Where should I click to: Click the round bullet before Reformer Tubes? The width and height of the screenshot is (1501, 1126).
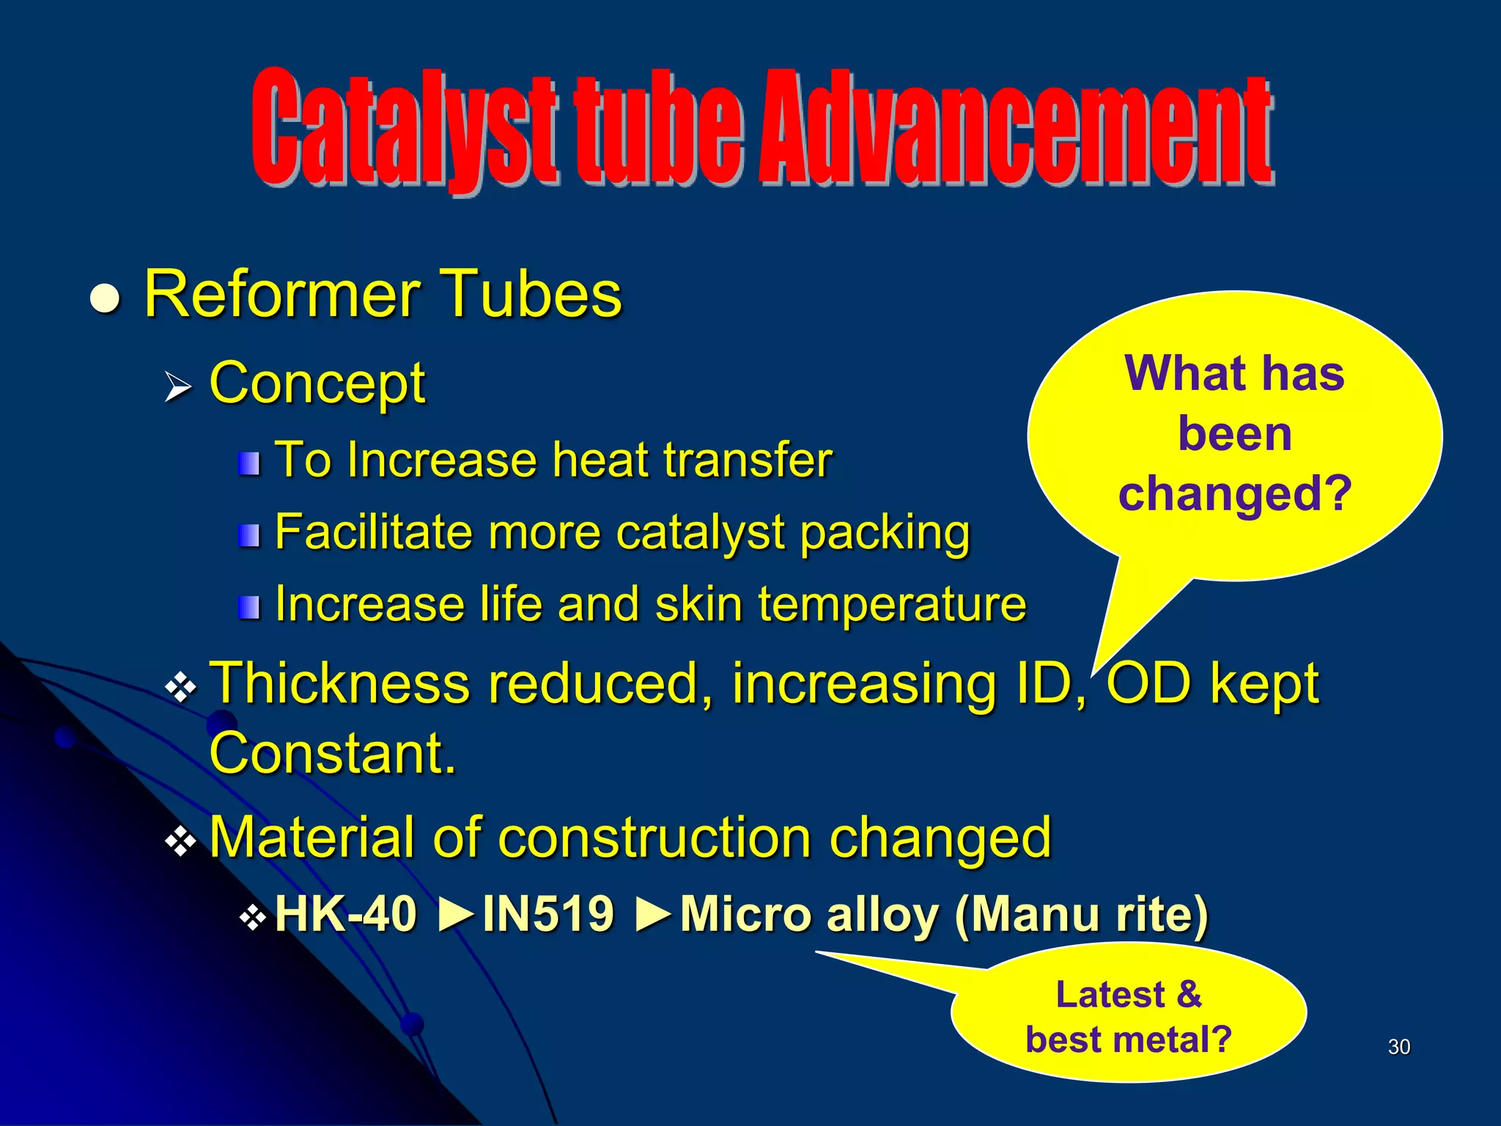pos(105,300)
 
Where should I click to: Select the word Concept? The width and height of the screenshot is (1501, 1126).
pos(317,384)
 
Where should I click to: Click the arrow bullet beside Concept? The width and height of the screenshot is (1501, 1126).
pos(177,387)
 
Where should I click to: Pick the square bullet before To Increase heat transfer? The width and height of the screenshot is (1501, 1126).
pos(249,463)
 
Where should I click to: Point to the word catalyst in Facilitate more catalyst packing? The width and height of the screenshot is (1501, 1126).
pos(700,533)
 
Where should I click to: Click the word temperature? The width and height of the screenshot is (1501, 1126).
pos(891,606)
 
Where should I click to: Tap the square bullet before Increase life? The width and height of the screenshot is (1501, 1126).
pos(249,607)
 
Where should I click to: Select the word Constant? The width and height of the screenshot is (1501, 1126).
pos(332,754)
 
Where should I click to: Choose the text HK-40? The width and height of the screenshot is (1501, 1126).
pos(345,914)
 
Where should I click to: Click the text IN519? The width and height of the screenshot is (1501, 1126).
pos(547,914)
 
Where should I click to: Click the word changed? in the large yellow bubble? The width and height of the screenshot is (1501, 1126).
pos(1235,493)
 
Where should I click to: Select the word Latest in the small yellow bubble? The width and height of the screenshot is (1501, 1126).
pos(1110,995)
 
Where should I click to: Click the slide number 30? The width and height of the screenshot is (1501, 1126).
pos(1398,1047)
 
